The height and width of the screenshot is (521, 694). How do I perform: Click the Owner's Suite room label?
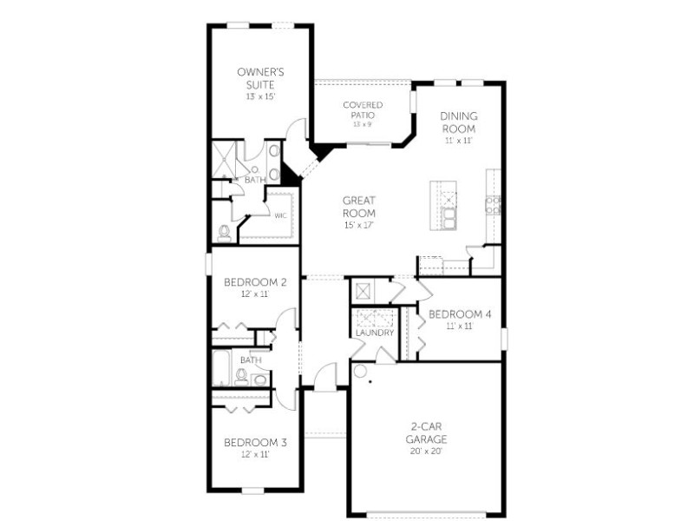[261, 78]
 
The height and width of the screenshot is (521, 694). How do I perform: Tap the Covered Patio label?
[363, 110]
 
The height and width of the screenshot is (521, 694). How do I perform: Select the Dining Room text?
[459, 122]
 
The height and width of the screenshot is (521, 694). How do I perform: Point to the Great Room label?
[359, 207]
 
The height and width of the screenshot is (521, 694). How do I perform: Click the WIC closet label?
[280, 215]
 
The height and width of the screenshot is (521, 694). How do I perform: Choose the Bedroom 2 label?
[255, 282]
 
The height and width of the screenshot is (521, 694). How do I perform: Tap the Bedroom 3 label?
[255, 443]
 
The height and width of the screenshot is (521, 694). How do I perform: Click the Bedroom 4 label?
[460, 314]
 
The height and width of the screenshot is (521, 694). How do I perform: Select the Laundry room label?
[375, 333]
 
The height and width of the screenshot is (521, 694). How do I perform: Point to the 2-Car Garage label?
[426, 432]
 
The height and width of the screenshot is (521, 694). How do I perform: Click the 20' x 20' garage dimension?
[426, 452]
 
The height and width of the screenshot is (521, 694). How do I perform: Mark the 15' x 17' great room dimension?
[359, 225]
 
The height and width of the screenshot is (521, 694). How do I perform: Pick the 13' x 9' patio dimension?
[363, 124]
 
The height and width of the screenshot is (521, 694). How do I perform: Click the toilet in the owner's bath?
[225, 234]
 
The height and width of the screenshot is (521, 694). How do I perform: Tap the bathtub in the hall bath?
[221, 368]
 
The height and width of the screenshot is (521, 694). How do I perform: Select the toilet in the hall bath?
[241, 377]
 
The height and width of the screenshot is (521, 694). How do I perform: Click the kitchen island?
[443, 205]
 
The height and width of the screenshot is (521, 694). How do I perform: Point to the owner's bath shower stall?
[225, 159]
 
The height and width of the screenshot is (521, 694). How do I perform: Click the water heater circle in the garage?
[360, 371]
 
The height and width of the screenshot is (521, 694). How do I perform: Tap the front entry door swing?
[325, 377]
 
